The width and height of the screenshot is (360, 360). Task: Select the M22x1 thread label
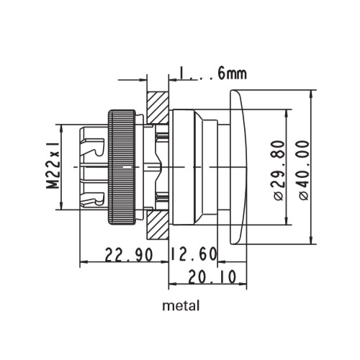click(53, 166)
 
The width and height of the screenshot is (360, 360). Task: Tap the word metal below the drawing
click(181, 305)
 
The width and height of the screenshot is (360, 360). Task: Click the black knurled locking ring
click(122, 166)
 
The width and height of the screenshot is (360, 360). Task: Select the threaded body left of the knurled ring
click(93, 166)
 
